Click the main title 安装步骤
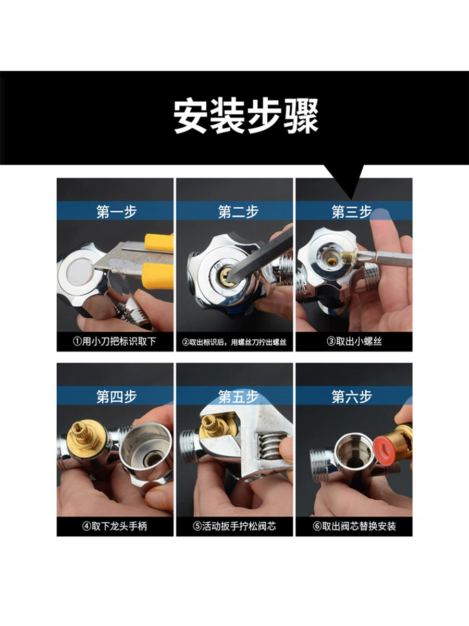[246, 116]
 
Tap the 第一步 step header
[116, 212]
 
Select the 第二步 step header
[238, 212]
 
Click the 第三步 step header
[352, 212]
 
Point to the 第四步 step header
[116, 396]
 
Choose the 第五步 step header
[238, 396]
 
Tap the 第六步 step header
[352, 396]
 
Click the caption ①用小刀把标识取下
[115, 341]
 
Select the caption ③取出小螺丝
[354, 341]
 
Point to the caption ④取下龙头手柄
[115, 526]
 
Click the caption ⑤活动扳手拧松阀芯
[234, 526]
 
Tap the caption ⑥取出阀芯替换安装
[354, 526]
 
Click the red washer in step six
[385, 451]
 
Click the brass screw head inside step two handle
[227, 274]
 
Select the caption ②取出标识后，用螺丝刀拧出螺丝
[234, 342]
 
